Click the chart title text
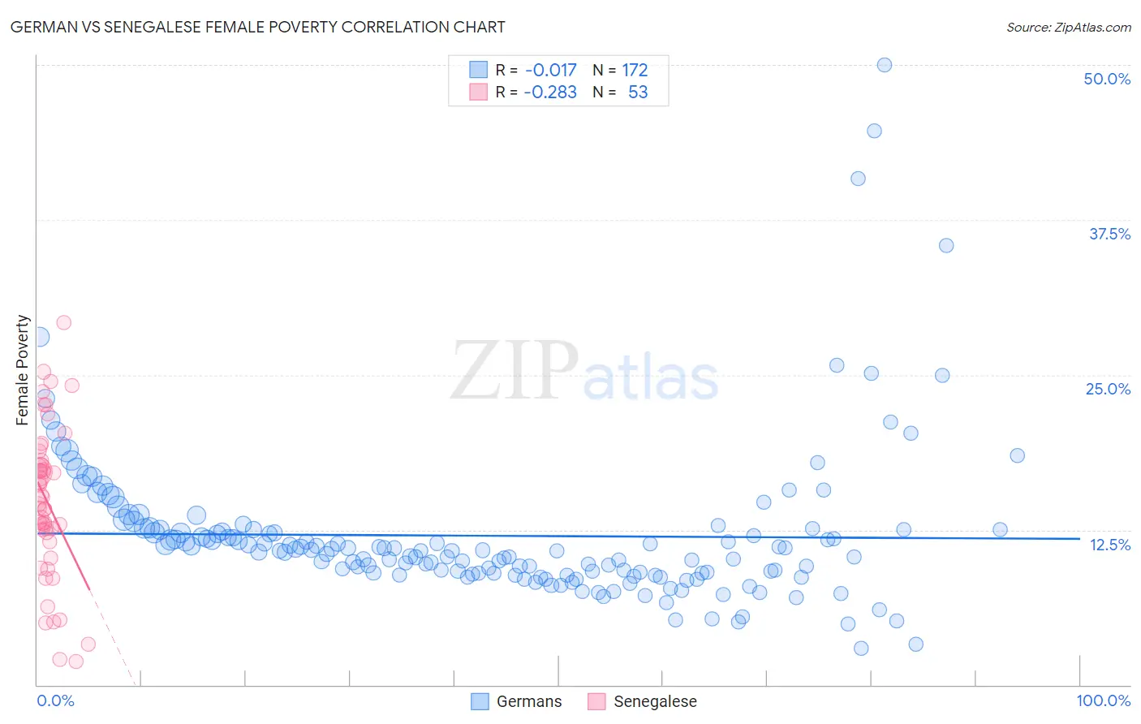[x=257, y=27]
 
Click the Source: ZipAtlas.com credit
[x=1068, y=27]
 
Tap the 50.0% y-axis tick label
[x=1107, y=79]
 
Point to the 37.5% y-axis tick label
[x=1109, y=234]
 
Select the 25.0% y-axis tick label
[x=1108, y=389]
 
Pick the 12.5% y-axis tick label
[x=1109, y=545]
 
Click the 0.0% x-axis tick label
[x=55, y=700]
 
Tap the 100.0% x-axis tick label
[x=1103, y=700]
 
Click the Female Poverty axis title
[x=23, y=370]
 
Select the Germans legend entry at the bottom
[x=516, y=701]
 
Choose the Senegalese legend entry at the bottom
[x=642, y=701]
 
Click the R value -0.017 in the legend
[x=550, y=70]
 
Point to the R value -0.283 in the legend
[x=550, y=93]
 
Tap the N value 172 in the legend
[x=635, y=70]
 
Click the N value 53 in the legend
[x=638, y=93]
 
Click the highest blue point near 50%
[x=885, y=65]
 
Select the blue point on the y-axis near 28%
[x=38, y=337]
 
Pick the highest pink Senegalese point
[x=63, y=322]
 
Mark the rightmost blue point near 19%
[x=1017, y=455]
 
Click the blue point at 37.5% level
[x=945, y=245]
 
